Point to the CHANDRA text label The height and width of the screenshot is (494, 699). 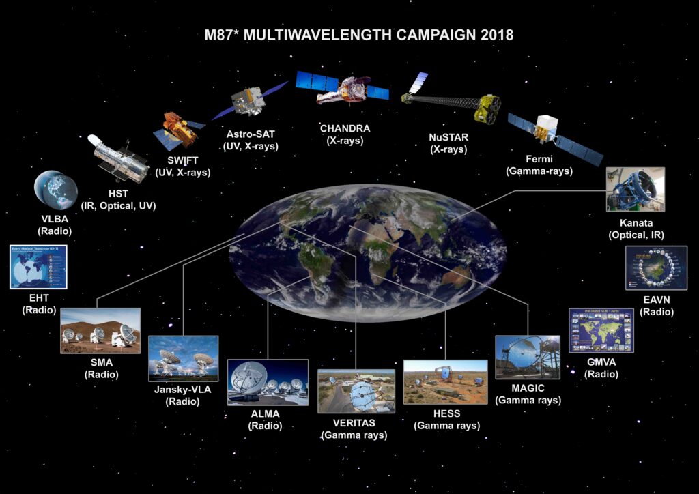pos(345,128)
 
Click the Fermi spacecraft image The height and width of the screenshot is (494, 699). pos(552,133)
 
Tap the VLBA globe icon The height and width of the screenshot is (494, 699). pos(55,191)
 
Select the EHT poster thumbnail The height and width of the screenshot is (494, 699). pos(38,267)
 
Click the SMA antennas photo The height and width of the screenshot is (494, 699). pos(100,331)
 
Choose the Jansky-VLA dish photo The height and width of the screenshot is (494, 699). pos(183,358)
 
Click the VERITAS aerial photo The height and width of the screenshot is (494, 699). pos(356,392)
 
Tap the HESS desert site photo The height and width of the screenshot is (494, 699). pos(445,383)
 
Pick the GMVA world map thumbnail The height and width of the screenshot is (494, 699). pos(601,330)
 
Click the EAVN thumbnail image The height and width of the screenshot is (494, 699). pos(655,269)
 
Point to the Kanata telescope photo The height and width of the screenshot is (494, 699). pos(635,189)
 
